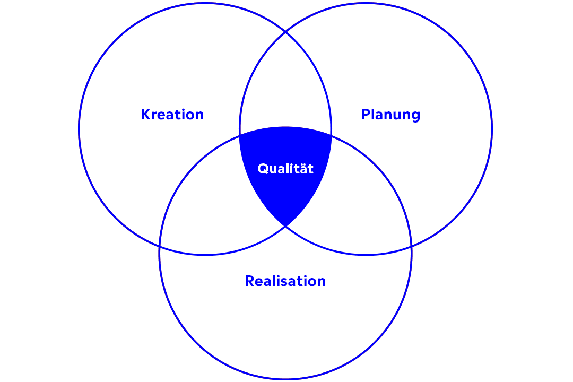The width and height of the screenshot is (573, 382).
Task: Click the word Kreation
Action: pyautogui.click(x=172, y=115)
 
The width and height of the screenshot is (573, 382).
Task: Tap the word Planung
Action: pyautogui.click(x=390, y=115)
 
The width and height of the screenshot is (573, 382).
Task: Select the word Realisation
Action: pyautogui.click(x=285, y=281)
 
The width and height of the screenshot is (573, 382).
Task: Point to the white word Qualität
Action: pyautogui.click(x=285, y=169)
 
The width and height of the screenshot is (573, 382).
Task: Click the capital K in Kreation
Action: pyautogui.click(x=145, y=115)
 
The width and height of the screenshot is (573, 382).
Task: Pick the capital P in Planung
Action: pyautogui.click(x=366, y=115)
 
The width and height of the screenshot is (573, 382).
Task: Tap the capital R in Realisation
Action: pyautogui.click(x=249, y=281)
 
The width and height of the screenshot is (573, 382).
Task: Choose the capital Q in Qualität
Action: pyautogui.click(x=262, y=169)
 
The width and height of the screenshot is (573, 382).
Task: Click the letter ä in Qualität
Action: pyautogui.click(x=302, y=168)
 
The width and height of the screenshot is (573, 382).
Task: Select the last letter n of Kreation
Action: pyautogui.click(x=199, y=115)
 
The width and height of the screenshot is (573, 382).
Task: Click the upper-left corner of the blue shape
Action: pyautogui.click(x=240, y=136)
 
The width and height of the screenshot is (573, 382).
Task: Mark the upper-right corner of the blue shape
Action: pyautogui.click(x=331, y=136)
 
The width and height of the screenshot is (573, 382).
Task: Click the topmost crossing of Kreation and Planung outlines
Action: pyautogui.click(x=285, y=32)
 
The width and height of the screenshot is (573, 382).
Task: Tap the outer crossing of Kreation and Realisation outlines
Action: pyautogui.click(x=160, y=247)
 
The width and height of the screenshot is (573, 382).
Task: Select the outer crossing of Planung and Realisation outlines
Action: pyautogui.click(x=411, y=247)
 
